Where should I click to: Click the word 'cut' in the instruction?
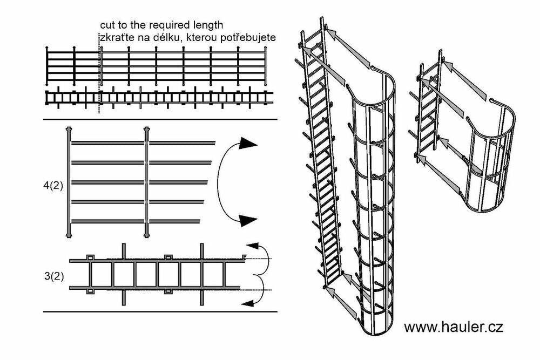[x=107, y=26]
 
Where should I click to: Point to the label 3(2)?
[x=54, y=276]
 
